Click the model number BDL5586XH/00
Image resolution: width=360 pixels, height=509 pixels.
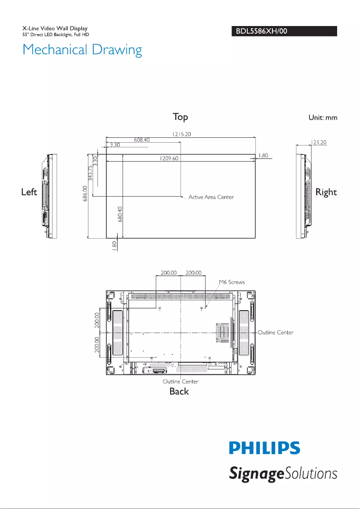[x=259, y=31]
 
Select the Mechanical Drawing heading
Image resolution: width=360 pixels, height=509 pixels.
[x=82, y=49]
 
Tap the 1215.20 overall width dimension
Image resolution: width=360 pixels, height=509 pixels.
[x=180, y=133]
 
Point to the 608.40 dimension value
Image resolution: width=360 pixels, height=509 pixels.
[x=141, y=140]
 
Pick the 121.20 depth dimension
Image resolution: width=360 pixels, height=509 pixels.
[x=318, y=142]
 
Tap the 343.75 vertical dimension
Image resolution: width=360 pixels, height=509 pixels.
[x=91, y=173]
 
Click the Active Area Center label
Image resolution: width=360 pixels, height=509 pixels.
[x=211, y=197]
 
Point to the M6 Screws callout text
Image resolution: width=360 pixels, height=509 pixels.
[x=232, y=282]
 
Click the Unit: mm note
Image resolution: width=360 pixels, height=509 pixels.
[x=322, y=118]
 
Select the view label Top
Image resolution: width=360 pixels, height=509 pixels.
[x=180, y=117]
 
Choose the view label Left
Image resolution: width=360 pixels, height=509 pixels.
[x=29, y=192]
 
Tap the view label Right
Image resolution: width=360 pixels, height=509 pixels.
[x=326, y=192]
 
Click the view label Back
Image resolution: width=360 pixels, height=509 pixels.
[x=179, y=391]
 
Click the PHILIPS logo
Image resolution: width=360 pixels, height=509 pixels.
[x=264, y=448]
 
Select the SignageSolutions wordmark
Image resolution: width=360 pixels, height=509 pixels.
[x=283, y=473]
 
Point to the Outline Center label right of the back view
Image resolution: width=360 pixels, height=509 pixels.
[x=276, y=333]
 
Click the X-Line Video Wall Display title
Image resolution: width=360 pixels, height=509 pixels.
[x=55, y=29]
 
